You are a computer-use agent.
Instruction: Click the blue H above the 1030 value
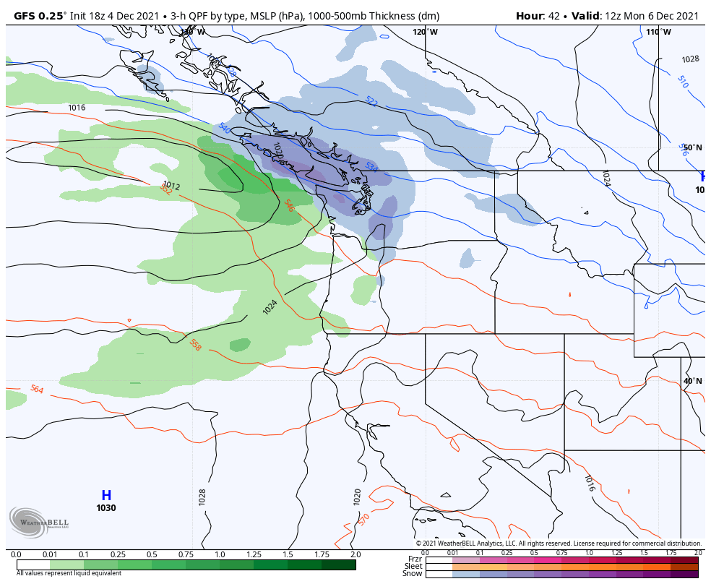tap(106, 496)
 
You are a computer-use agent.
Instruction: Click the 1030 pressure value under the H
tap(106, 508)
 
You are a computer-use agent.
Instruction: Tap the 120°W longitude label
tap(425, 32)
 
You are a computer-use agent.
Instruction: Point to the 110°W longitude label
tap(658, 32)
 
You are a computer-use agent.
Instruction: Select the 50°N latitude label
tap(692, 147)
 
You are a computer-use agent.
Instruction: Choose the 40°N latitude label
tap(692, 381)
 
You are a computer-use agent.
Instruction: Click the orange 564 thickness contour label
tap(37, 390)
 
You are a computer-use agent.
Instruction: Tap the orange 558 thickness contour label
tap(195, 345)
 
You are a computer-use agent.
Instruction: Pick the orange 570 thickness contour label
tap(363, 520)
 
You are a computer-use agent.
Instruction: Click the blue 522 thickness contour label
tap(371, 101)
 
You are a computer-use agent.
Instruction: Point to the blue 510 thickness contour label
tap(682, 82)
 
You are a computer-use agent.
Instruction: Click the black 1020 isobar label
tap(357, 496)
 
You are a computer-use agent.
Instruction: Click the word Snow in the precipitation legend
tap(413, 574)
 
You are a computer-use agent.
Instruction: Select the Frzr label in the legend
tap(414, 559)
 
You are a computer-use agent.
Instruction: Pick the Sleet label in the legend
tap(413, 567)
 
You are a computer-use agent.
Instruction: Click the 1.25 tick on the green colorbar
tap(254, 554)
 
